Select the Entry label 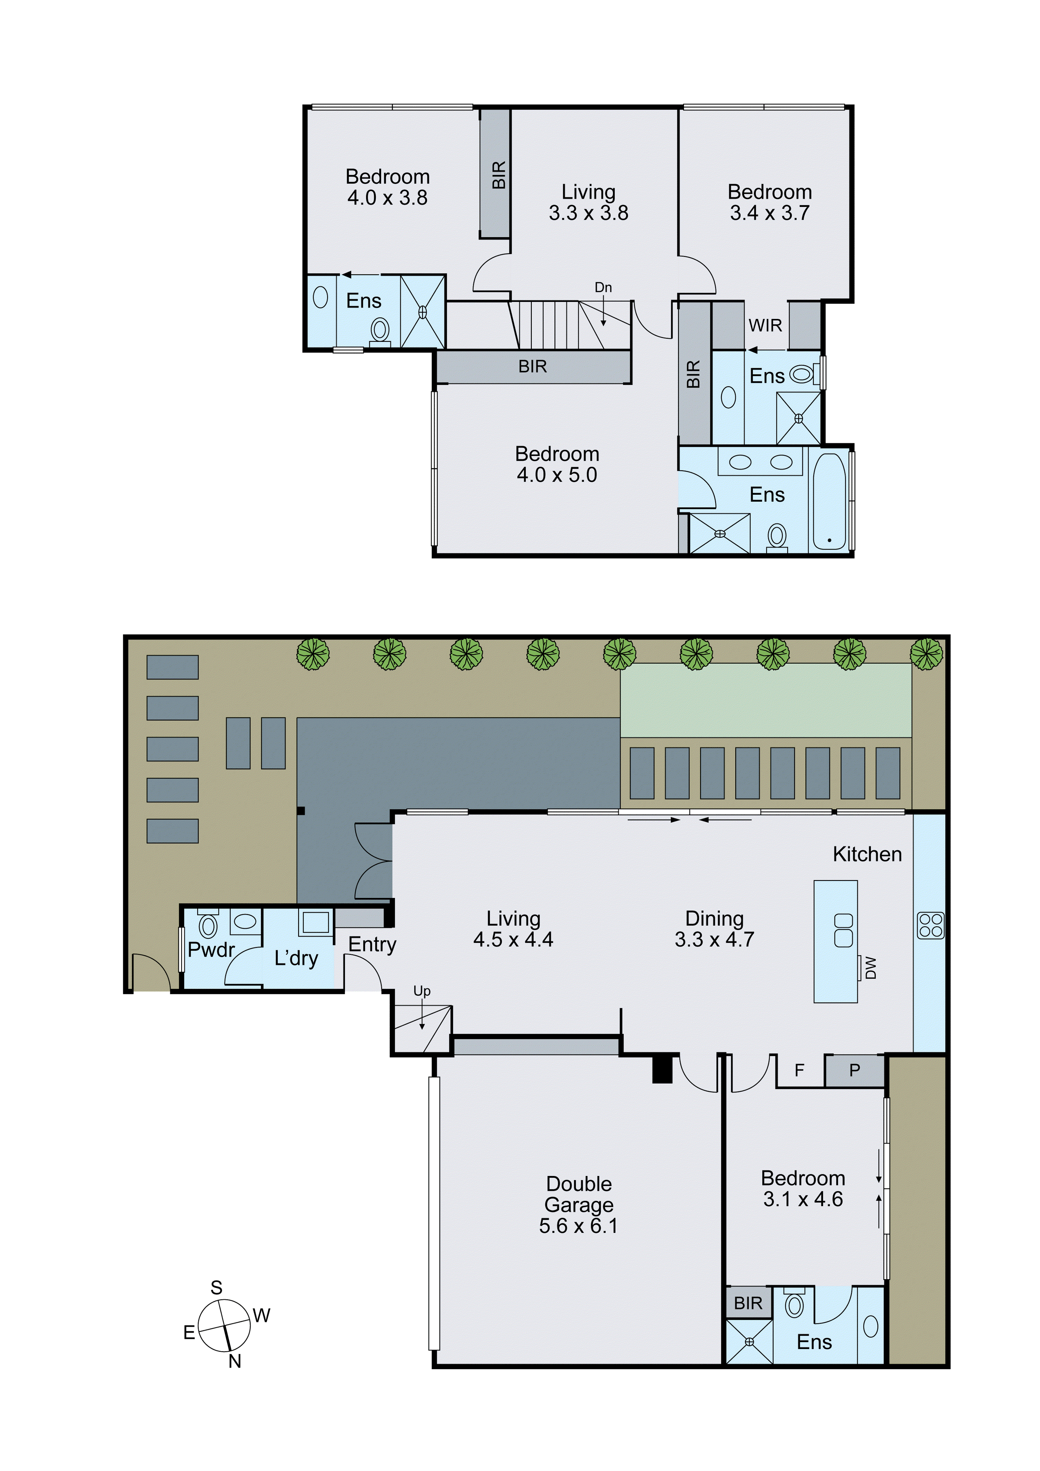click(x=372, y=944)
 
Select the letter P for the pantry click(x=854, y=1070)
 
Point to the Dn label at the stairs click(x=603, y=288)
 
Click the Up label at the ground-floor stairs click(x=422, y=991)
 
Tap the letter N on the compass click(x=235, y=1361)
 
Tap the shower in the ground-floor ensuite click(x=749, y=1342)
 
